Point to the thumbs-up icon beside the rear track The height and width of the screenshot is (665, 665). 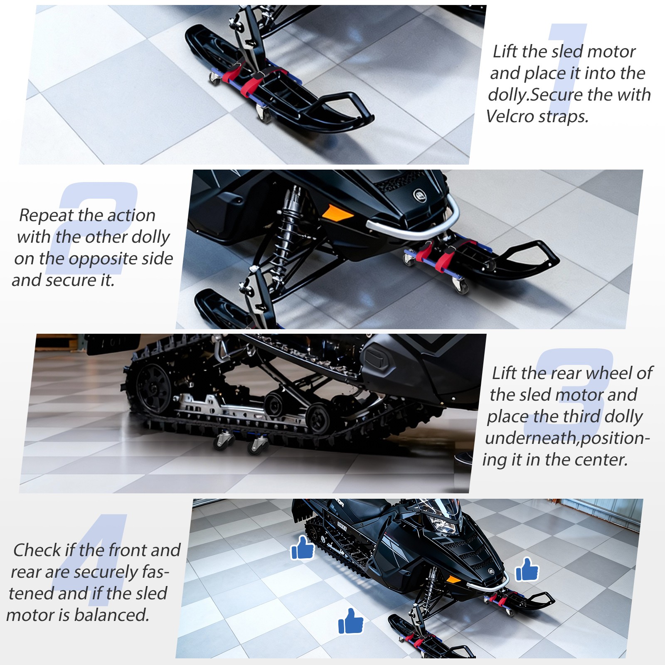click(x=302, y=547)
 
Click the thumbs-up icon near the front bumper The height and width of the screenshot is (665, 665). click(x=527, y=569)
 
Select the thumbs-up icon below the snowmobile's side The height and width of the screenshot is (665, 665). click(x=351, y=621)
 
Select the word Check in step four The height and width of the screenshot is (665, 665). click(x=37, y=550)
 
